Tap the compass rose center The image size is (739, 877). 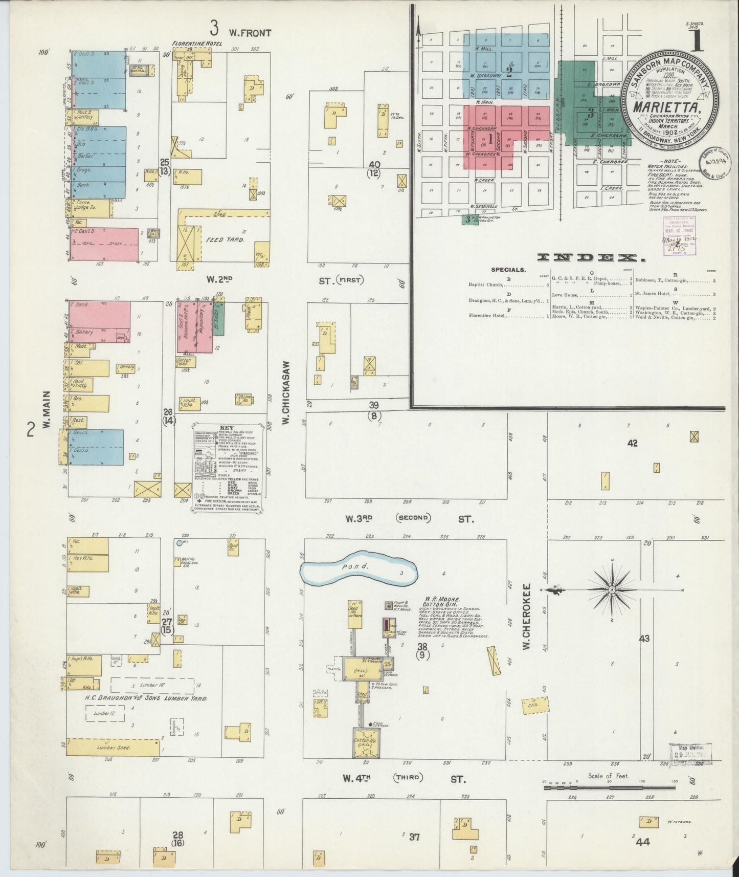tap(612, 590)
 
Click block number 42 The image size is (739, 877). tap(633, 444)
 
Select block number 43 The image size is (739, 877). tap(644, 638)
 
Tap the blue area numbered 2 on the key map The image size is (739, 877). tap(509, 73)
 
